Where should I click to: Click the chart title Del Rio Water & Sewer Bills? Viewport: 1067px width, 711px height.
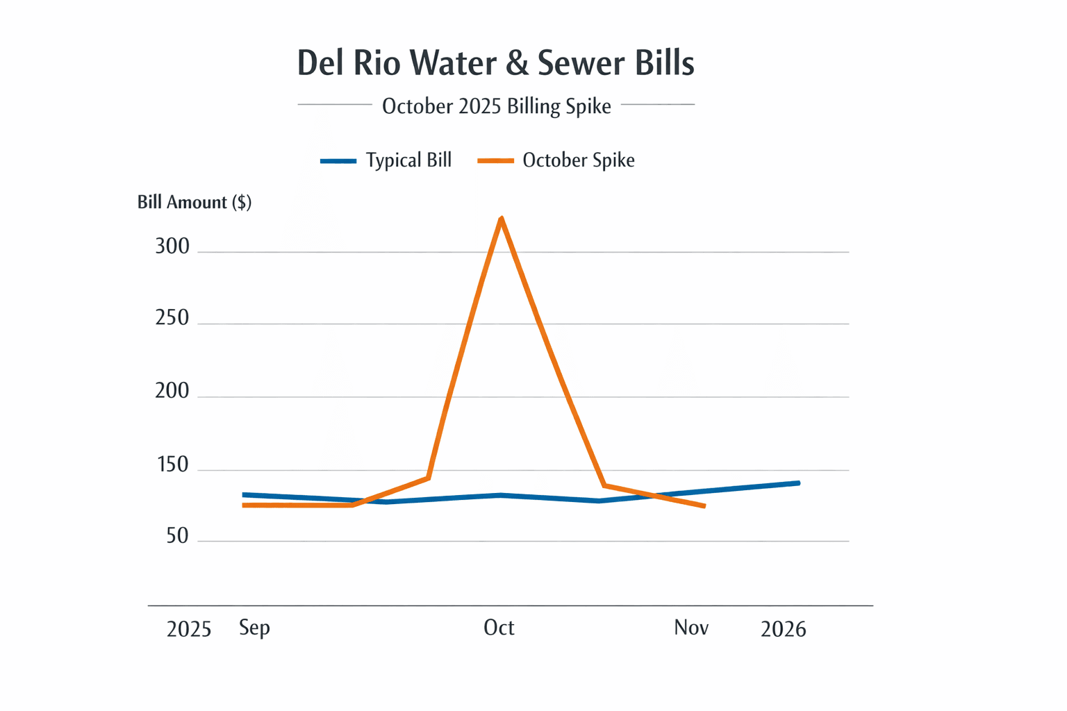(495, 63)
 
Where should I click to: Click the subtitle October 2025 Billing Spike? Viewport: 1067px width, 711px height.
(496, 106)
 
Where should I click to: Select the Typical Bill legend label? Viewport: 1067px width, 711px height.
(408, 160)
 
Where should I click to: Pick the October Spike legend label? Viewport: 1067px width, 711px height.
(578, 160)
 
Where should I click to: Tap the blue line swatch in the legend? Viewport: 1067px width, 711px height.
(338, 161)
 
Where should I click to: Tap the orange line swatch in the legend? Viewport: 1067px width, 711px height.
(495, 161)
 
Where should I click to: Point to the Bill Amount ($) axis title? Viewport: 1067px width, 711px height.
(195, 202)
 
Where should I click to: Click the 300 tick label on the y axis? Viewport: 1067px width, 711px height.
(172, 246)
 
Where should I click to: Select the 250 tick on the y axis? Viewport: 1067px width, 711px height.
(172, 318)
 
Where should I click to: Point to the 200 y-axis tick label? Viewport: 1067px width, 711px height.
(172, 392)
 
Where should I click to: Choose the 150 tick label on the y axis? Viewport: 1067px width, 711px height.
(173, 465)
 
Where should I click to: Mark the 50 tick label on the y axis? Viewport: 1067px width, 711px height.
(177, 536)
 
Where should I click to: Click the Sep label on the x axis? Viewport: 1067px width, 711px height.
(254, 628)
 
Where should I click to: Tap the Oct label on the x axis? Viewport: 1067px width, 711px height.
(499, 628)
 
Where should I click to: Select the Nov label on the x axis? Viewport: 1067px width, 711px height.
(691, 628)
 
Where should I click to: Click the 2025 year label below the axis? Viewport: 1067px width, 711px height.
(189, 629)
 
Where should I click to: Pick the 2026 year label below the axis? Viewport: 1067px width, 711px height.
(783, 629)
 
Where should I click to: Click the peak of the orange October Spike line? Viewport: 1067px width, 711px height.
(502, 219)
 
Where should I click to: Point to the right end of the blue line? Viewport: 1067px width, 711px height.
(798, 483)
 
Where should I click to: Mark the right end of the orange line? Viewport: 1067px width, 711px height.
(704, 506)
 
